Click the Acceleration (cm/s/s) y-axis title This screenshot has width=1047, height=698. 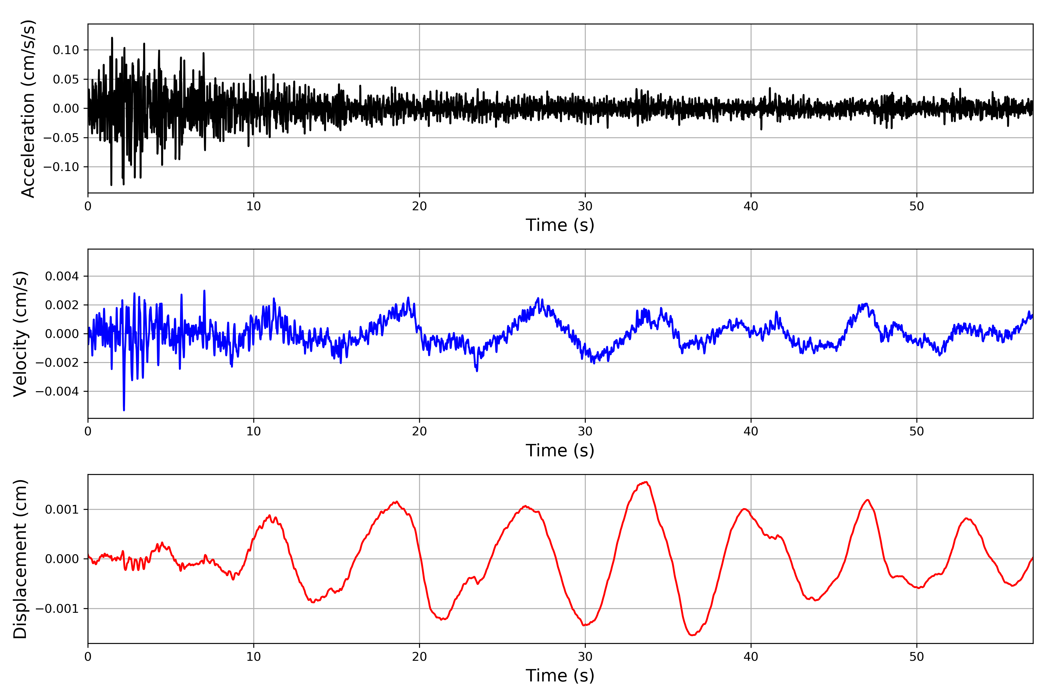[28, 108]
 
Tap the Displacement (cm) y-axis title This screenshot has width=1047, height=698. [20, 559]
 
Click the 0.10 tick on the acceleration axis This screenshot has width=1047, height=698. [66, 50]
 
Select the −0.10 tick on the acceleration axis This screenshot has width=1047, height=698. [61, 167]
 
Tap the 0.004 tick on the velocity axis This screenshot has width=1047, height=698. [62, 277]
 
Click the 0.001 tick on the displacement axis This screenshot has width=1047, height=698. [62, 509]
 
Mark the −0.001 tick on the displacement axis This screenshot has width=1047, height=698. [57, 608]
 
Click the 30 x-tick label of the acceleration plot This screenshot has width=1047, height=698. [585, 206]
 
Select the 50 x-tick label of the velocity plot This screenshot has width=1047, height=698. [917, 431]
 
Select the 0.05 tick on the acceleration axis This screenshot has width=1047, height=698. [66, 79]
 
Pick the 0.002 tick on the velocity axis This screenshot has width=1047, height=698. [62, 305]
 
